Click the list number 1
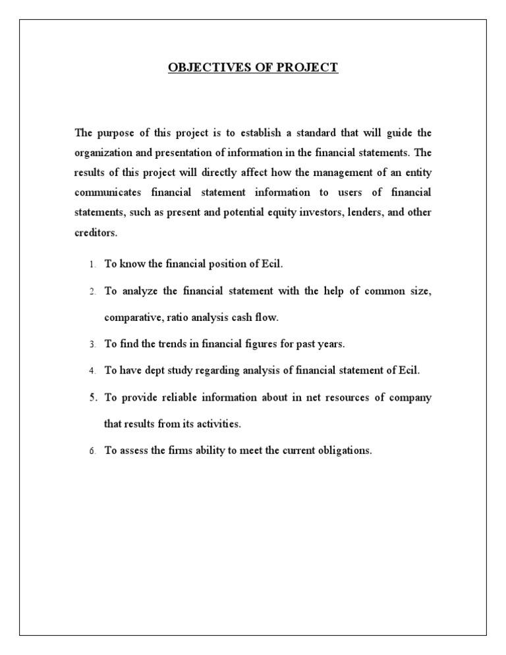92,265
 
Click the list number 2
92,291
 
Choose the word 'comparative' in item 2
130,318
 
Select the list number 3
92,344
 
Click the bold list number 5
92,397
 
